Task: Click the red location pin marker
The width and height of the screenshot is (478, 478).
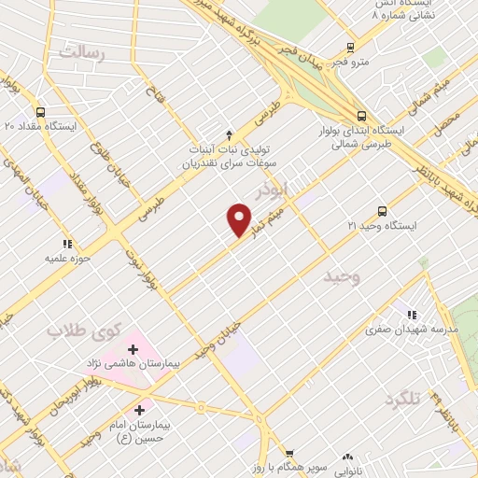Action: [x=239, y=219]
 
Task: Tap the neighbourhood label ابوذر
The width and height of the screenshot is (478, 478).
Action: [x=299, y=190]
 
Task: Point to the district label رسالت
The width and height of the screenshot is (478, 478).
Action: [x=83, y=53]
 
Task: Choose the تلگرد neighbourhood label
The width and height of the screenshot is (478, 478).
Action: [x=401, y=401]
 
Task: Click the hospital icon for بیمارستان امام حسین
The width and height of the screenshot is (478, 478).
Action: [x=140, y=410]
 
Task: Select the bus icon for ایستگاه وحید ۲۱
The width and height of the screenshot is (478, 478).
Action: [x=382, y=211]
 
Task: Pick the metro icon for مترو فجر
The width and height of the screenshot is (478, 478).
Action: [x=350, y=47]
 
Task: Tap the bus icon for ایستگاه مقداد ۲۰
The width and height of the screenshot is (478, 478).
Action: [x=40, y=112]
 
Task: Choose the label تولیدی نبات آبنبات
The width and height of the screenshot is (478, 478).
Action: [x=229, y=149]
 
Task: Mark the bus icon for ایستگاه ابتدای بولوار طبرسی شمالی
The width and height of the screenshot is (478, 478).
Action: [x=360, y=115]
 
